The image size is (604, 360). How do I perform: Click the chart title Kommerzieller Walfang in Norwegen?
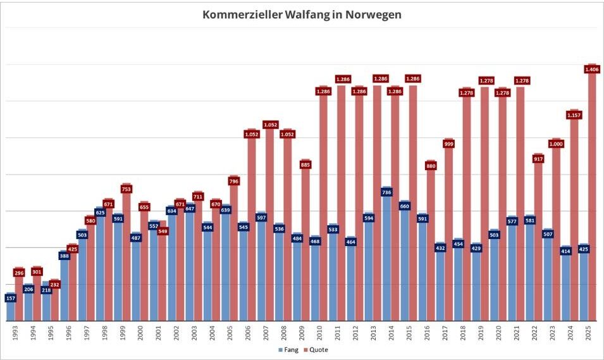[x=302, y=15]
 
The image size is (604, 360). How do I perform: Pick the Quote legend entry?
[x=316, y=349]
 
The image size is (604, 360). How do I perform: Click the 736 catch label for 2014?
[x=386, y=191]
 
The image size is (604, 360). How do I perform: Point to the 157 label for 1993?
[x=10, y=297]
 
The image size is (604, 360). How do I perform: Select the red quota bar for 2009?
[x=305, y=209]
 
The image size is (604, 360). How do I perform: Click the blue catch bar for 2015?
[x=404, y=266]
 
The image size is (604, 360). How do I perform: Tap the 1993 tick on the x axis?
[x=14, y=332]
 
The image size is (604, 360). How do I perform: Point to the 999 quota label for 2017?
[x=449, y=144]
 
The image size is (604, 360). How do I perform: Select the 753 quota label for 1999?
[x=126, y=188]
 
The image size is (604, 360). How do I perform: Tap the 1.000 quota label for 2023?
[x=557, y=144]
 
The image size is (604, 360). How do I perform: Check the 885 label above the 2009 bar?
[x=305, y=164]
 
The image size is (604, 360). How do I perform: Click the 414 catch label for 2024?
[x=565, y=251]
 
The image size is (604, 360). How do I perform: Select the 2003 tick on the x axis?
[x=193, y=332]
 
